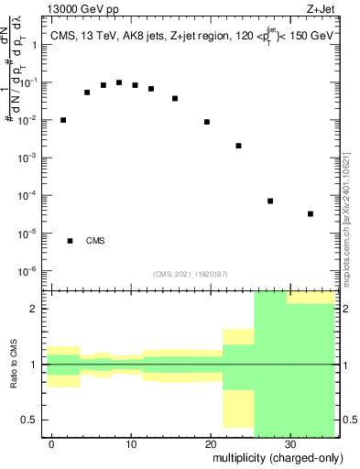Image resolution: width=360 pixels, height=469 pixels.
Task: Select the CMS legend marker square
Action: coord(71,241)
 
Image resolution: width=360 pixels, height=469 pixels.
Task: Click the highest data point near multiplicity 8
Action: coord(119,82)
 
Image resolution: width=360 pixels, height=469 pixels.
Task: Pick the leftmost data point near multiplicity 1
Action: coord(63,120)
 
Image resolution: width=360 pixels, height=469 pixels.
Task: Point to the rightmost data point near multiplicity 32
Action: coord(311,213)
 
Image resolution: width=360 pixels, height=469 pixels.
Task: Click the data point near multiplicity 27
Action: coord(270,201)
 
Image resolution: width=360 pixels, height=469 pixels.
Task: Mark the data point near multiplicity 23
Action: coord(238,146)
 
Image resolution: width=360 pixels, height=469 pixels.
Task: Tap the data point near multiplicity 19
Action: coord(207,122)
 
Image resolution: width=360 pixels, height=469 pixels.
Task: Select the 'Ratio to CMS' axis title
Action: coord(13,364)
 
